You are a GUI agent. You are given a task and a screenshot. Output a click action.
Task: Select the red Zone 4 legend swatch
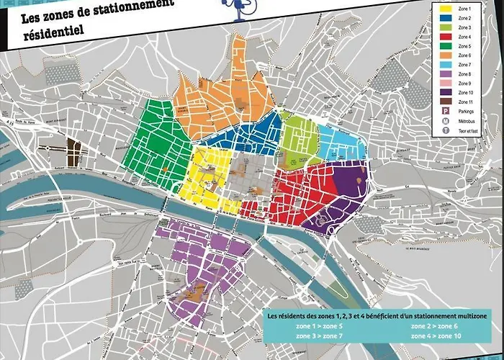tap(445, 36)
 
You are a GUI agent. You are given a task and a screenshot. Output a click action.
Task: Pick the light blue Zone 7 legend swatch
tap(445, 64)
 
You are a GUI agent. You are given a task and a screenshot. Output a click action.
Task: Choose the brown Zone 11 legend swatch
tap(445, 102)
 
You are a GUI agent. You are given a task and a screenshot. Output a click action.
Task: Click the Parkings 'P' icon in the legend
tap(445, 112)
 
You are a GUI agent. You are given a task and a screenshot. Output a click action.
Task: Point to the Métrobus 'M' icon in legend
tap(445, 122)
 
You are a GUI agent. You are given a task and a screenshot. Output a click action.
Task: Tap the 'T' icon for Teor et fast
tap(445, 131)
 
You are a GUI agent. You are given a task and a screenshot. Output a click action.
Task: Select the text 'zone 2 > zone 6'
tap(430, 325)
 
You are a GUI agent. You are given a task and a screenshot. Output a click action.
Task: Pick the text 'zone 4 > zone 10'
tap(432, 336)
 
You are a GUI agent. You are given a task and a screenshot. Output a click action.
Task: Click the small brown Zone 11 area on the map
tap(73, 152)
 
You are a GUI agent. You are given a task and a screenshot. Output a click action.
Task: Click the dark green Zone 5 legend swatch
tap(445, 45)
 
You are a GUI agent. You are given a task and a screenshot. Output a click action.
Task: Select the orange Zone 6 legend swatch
tap(445, 55)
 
